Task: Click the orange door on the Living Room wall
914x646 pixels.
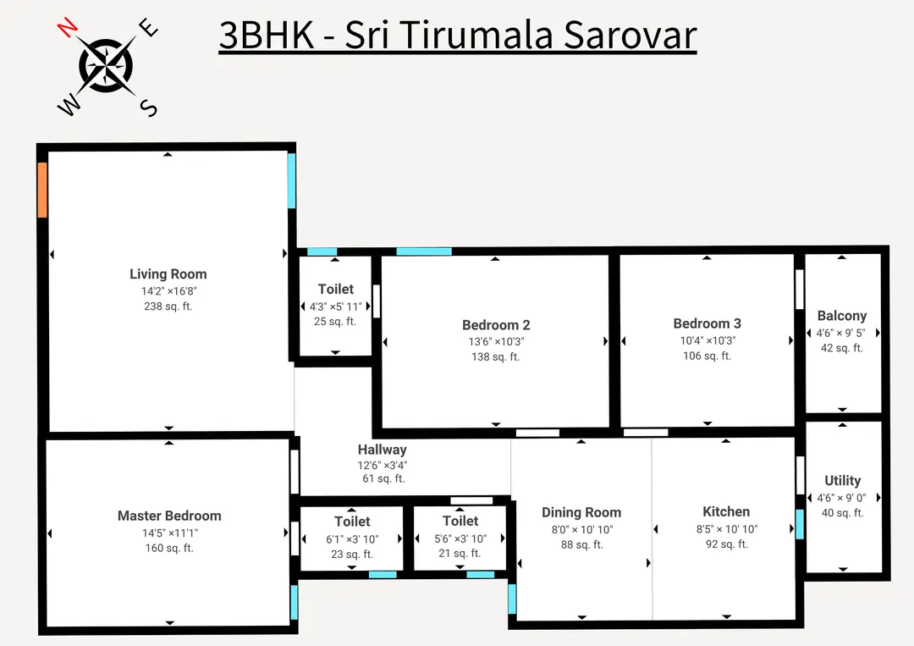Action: coord(42,190)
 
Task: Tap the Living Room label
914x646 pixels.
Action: coord(168,274)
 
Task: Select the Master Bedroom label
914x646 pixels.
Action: coord(169,516)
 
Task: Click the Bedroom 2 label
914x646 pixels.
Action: coord(496,325)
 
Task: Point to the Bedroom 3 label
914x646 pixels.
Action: coord(707,323)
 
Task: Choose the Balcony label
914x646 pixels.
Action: coord(841,316)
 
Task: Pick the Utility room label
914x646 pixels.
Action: coord(842,480)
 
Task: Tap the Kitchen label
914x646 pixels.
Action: coord(726,511)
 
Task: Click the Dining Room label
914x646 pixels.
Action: coord(581,512)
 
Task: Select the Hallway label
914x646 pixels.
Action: coord(382,450)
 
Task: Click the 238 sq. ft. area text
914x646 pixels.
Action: coord(168,306)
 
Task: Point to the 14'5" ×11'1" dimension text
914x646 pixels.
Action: coord(169,533)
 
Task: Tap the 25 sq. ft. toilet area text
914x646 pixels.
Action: coord(335,322)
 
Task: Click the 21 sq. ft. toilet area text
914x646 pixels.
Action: coord(460,554)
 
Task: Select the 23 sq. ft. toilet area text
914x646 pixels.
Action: coord(352,555)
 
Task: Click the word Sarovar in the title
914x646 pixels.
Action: coord(630,36)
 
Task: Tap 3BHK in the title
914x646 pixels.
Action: coord(265,36)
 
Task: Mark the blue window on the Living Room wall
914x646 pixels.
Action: coord(292,180)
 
